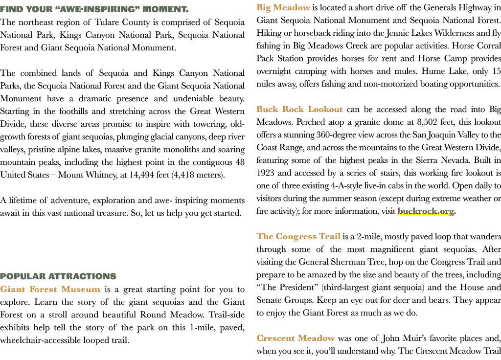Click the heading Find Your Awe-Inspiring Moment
(x=94, y=9)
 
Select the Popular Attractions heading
(x=58, y=276)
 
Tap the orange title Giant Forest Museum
(x=50, y=290)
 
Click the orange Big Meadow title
(x=283, y=8)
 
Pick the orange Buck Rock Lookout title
(x=299, y=110)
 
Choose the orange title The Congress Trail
(x=298, y=237)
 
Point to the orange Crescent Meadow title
(x=296, y=338)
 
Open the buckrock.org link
(x=426, y=211)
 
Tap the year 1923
(x=265, y=173)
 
